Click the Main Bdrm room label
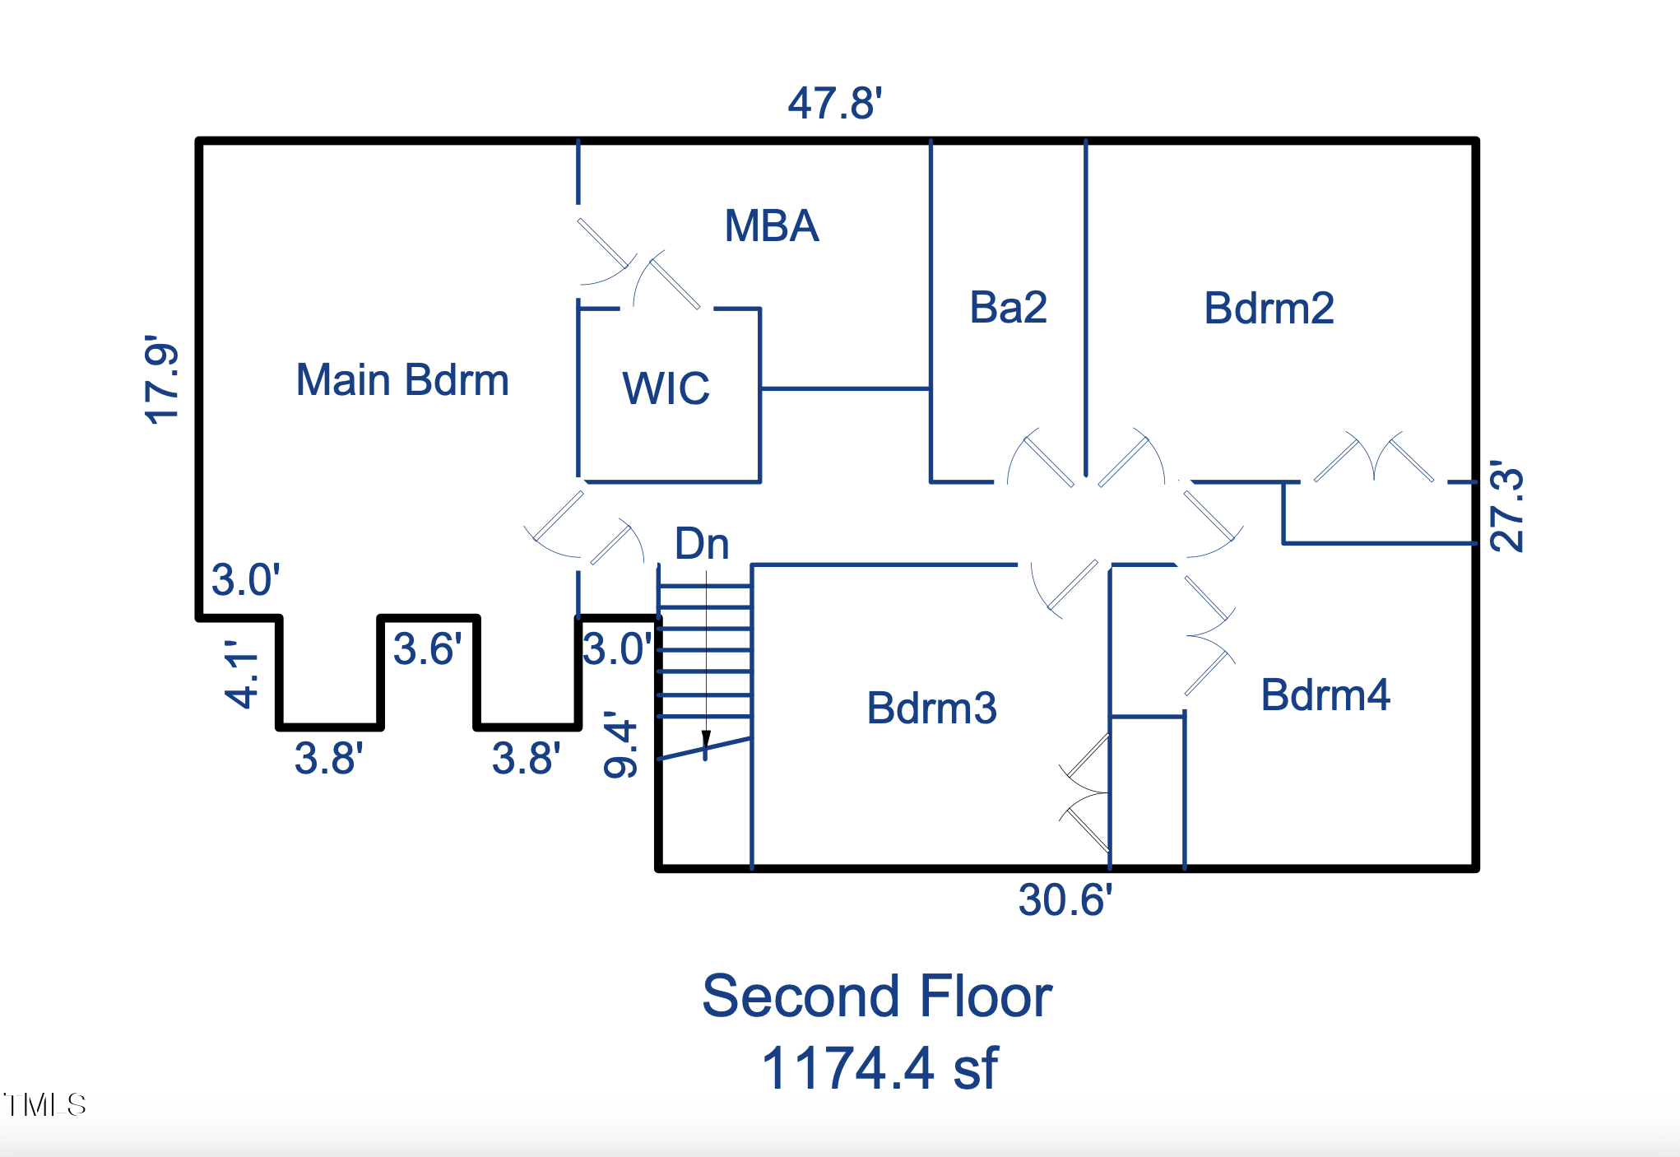click(402, 380)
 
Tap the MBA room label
click(771, 225)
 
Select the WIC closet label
click(666, 388)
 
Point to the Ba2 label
click(1008, 308)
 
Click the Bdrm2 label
click(1269, 309)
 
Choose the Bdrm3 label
click(931, 708)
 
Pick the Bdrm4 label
click(1325, 695)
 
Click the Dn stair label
click(702, 544)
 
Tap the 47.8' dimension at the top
click(834, 104)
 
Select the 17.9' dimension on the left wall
click(162, 379)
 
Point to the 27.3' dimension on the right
click(1507, 506)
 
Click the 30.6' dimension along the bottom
click(1065, 899)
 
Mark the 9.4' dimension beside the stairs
click(621, 745)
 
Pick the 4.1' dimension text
click(243, 675)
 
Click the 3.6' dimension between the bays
click(427, 649)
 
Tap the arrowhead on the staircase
click(706, 740)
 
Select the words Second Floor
click(876, 997)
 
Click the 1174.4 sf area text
click(879, 1068)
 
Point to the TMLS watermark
click(44, 1104)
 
